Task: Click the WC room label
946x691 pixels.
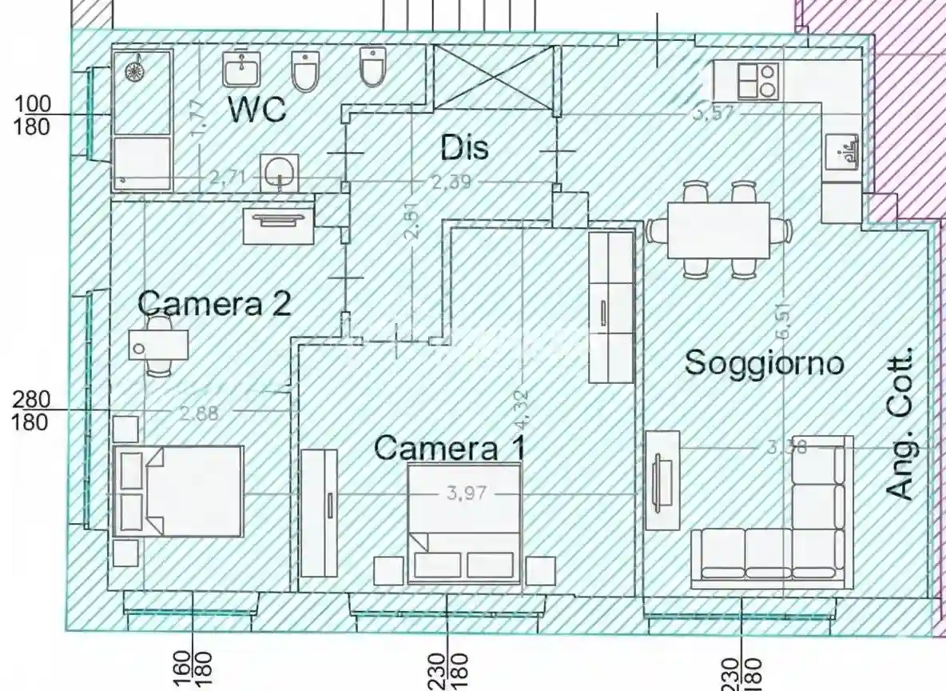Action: [x=257, y=110]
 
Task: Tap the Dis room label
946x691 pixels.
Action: [x=464, y=147]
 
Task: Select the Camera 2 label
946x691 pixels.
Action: [x=214, y=303]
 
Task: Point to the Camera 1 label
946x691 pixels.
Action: [x=450, y=447]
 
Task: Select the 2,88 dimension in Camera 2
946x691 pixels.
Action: [x=199, y=413]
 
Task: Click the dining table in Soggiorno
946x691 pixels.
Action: [x=718, y=230]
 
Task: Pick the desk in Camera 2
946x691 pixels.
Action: [x=159, y=343]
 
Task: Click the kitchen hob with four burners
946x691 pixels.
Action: [x=757, y=81]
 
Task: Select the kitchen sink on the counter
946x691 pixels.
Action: [x=844, y=151]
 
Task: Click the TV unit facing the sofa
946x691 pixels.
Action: [x=662, y=480]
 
